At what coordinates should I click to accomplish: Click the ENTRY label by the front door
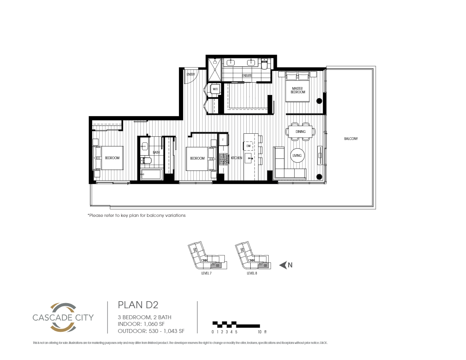click(191, 75)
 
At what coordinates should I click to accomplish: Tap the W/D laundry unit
click(215, 89)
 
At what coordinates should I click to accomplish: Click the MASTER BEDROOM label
click(298, 90)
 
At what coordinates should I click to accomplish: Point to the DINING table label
click(301, 132)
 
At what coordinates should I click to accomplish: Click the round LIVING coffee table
click(297, 156)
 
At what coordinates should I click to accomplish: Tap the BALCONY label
click(351, 139)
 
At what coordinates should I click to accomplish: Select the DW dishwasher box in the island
click(249, 146)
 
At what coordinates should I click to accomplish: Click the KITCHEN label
click(237, 158)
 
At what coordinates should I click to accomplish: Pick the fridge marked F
click(223, 140)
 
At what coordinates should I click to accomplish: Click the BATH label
click(156, 152)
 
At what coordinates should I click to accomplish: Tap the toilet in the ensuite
click(264, 64)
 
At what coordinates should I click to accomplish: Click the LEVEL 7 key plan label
click(206, 274)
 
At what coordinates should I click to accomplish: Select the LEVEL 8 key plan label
click(252, 274)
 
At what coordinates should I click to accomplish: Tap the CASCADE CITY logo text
click(63, 317)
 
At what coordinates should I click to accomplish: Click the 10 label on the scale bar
click(260, 332)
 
